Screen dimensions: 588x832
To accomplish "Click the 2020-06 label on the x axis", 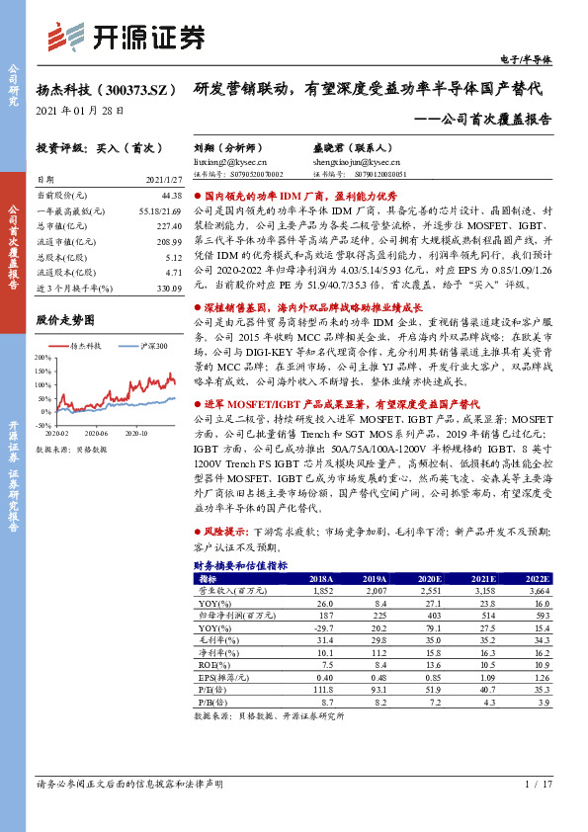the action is (x=97, y=432).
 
